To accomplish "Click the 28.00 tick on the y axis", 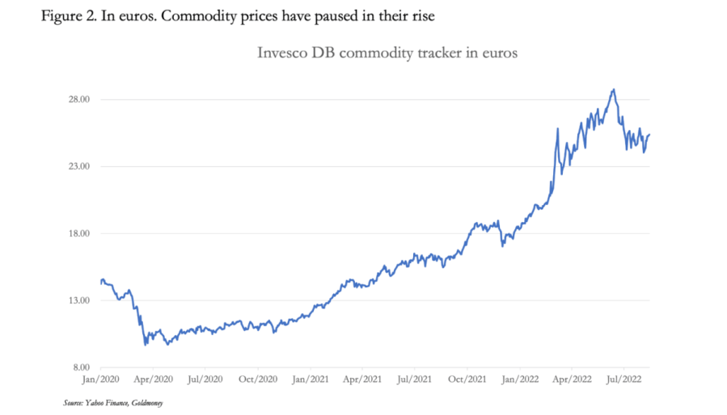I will point(77,99).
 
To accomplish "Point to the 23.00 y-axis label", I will point(77,166).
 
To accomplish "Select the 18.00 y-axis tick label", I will point(77,233).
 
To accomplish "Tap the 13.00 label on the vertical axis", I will point(77,300).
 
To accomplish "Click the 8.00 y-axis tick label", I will point(78,367).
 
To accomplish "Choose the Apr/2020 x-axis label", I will point(152,378).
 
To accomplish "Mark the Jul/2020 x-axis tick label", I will point(204,378).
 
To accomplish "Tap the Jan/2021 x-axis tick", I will point(309,378).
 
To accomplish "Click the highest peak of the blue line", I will point(614,90).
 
